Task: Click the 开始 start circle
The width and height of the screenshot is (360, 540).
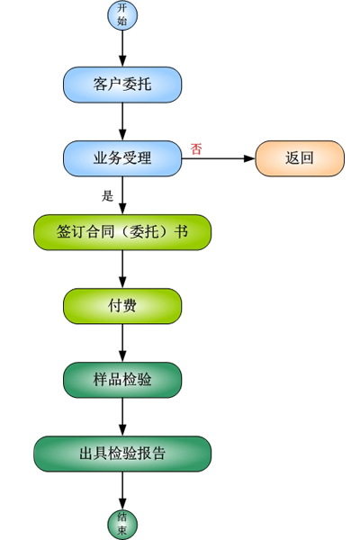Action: tap(122, 15)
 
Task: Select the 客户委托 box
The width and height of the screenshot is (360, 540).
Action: tap(122, 85)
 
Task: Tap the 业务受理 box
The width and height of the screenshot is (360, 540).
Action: tap(122, 158)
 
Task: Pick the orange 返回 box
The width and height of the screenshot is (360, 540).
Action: tap(300, 158)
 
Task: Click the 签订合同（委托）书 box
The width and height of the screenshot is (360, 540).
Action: tap(122, 232)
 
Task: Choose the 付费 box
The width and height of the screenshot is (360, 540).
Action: tap(122, 306)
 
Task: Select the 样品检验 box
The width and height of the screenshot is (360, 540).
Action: tap(122, 380)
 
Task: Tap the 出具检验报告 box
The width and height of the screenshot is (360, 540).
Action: tap(122, 454)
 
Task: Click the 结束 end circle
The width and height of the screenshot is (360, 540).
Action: tap(122, 525)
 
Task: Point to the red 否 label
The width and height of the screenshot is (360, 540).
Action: tap(196, 149)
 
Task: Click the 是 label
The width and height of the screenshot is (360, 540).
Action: tap(107, 196)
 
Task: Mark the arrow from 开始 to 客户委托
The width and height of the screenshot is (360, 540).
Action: tap(122, 49)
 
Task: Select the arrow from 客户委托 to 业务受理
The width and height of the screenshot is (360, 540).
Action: tap(122, 121)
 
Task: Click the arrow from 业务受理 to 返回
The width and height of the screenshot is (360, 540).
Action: tap(219, 158)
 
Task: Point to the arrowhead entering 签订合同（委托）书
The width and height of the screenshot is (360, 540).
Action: tap(122, 209)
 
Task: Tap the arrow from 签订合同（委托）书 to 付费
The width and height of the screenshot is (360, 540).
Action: tap(122, 269)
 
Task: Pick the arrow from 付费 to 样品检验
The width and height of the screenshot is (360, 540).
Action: tap(122, 343)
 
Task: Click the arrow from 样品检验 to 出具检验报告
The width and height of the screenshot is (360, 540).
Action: tap(122, 417)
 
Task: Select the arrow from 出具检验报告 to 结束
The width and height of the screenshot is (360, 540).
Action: tap(122, 490)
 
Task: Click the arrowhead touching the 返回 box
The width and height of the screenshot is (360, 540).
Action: tap(249, 158)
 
